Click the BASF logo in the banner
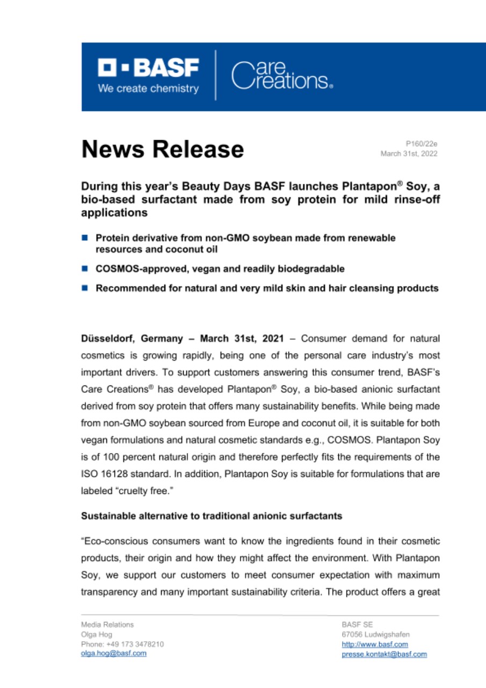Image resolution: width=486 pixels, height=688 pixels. pos(148,68)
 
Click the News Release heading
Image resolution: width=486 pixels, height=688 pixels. pos(162,149)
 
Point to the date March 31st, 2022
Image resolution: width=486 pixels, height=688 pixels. pos(409,154)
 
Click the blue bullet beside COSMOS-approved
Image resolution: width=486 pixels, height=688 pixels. pos(85,268)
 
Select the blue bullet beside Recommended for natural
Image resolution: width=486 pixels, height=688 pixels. pos(85,288)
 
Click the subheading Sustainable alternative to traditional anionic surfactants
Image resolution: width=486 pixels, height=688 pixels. pos(212,517)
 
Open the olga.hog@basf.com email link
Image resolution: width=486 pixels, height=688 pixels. pos(113,653)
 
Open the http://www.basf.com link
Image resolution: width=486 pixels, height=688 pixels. pos(374,644)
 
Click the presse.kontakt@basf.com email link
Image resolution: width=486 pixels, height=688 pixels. pos(384,654)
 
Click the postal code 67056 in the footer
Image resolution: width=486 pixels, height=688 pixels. pos(352,634)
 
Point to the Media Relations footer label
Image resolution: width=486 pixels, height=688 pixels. pos(107,625)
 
